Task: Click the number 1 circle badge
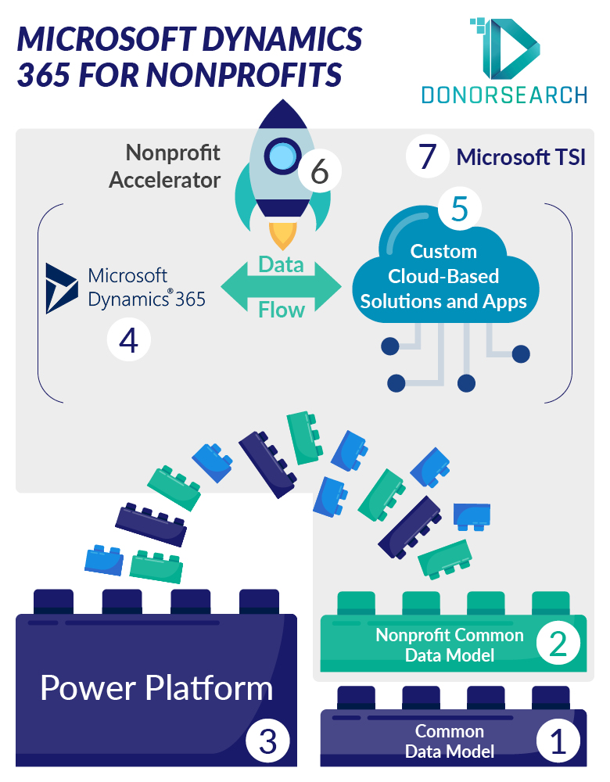coord(558,741)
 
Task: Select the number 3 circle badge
coord(267,741)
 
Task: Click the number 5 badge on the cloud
coord(460,209)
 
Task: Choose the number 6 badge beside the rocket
coord(320,171)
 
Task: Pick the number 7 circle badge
coord(428,156)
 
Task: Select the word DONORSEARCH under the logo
coord(504,95)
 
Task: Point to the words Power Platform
coord(156,688)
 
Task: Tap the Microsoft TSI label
coord(521,157)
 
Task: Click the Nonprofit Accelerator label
coord(165,166)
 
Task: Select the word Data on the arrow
coord(281,264)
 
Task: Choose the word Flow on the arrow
coord(281,310)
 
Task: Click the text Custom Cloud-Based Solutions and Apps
coord(443,276)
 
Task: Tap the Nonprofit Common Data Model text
coord(450,644)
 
